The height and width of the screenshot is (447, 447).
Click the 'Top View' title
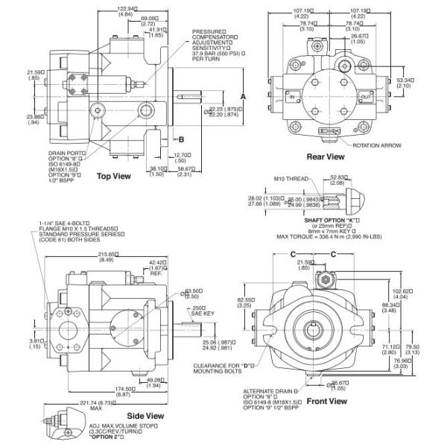[114, 177]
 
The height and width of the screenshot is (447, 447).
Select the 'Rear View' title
[326, 156]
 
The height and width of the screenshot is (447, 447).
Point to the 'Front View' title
[329, 401]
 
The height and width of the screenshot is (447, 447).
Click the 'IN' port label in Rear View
[292, 98]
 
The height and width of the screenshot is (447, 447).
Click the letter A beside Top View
[243, 97]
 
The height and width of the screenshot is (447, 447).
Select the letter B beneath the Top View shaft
[180, 139]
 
